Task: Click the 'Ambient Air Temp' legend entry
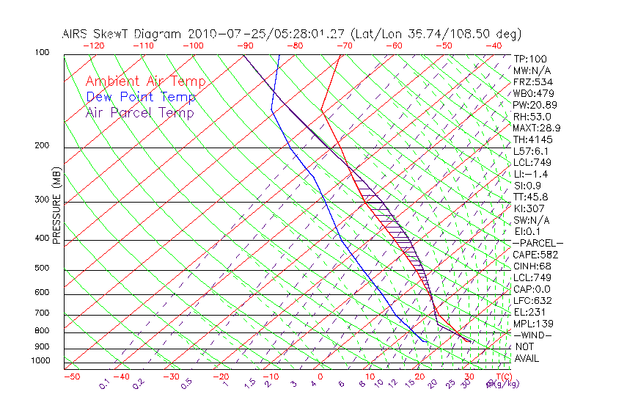(145, 81)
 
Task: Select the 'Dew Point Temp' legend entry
(140, 97)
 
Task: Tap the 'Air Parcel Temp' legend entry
(139, 112)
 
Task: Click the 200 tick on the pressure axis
(42, 145)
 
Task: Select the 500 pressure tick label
(42, 268)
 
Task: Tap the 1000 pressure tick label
(40, 360)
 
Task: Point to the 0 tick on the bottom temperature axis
(320, 377)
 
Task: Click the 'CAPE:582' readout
(535, 255)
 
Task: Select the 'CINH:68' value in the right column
(532, 266)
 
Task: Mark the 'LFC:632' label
(532, 301)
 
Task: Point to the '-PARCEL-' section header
(538, 243)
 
